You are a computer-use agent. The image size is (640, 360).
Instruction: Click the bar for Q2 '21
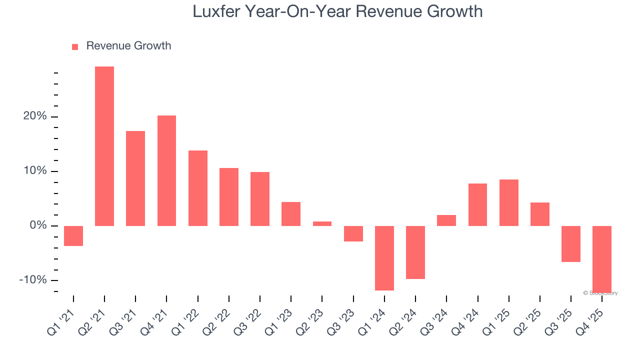[x=104, y=146]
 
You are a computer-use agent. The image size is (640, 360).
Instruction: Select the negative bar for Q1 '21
[x=73, y=236]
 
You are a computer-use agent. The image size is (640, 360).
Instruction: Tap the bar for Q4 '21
[x=166, y=170]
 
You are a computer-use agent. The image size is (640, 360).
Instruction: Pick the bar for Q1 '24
[x=384, y=258]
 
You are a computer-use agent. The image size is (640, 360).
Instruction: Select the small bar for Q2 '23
[x=322, y=223]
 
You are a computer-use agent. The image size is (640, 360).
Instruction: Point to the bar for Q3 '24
[x=446, y=220]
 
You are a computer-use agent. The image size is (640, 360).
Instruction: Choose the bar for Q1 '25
[x=508, y=202]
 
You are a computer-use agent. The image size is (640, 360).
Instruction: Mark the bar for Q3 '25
[x=570, y=244]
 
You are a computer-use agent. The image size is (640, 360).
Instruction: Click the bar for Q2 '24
[x=415, y=252]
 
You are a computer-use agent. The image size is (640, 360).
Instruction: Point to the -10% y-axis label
[x=32, y=280]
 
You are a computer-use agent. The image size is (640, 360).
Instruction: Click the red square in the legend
[x=75, y=46]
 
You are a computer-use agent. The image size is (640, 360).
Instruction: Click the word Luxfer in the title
[x=215, y=11]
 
